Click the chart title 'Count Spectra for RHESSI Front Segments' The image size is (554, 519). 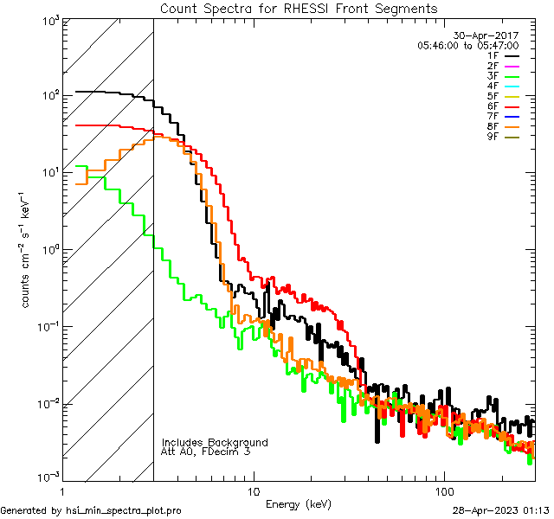[299, 8]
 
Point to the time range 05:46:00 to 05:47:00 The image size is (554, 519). [467, 45]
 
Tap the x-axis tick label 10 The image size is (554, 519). [253, 491]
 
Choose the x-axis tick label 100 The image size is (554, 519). [444, 491]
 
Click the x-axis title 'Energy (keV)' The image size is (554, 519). [298, 503]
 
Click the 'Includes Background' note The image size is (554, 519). [215, 442]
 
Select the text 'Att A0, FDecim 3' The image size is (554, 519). [206, 452]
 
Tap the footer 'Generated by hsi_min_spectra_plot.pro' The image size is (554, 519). [91, 510]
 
